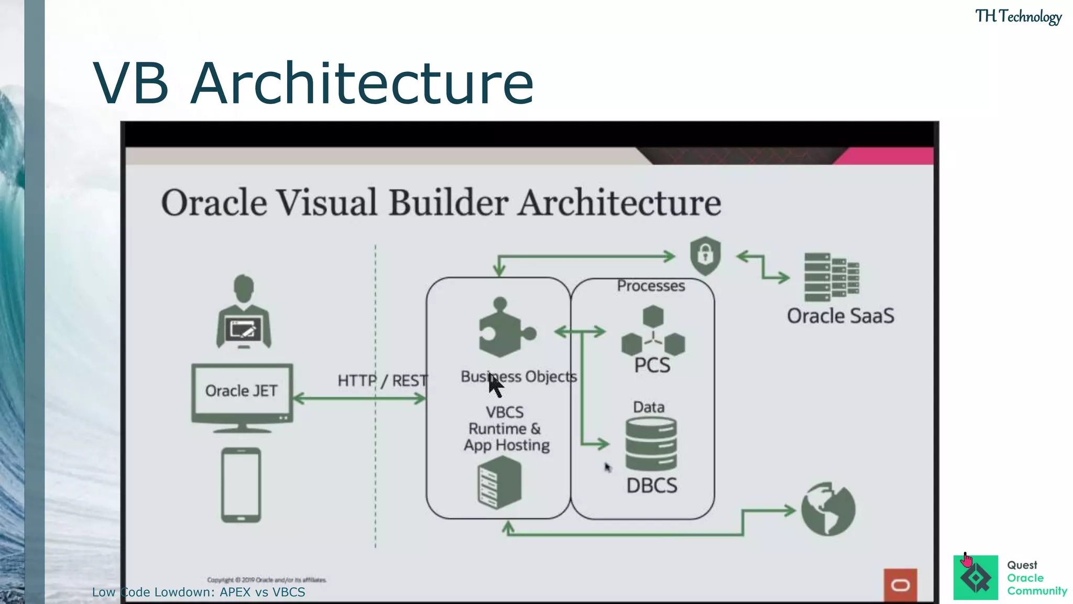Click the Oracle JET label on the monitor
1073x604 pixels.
241,391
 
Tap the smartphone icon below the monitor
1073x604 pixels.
241,485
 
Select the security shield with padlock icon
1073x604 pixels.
705,256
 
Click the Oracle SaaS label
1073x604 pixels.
840,316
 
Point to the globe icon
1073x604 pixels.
828,509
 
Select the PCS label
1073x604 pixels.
652,365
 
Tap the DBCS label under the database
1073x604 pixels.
652,486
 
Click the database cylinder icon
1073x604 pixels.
651,444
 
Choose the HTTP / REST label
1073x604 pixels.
382,381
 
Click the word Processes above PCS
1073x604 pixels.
651,286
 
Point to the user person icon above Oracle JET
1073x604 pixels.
244,312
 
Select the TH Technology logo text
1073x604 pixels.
1018,17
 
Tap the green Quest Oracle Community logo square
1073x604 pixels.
976,578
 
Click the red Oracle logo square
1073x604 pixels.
900,585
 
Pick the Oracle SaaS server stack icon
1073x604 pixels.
831,277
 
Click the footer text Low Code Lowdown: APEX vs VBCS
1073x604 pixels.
199,592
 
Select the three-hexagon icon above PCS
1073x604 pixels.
653,330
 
